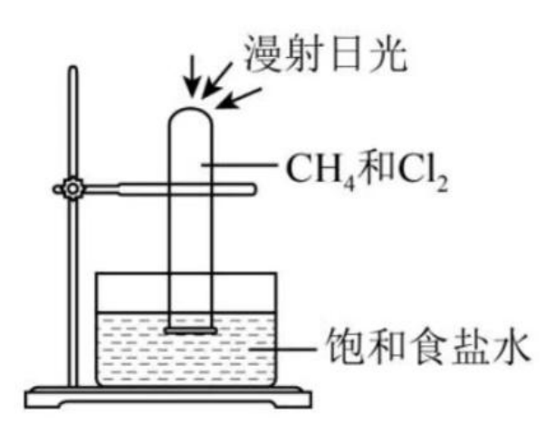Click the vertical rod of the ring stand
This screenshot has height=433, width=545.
pos(72,272)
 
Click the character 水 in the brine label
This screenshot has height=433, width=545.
pos(508,347)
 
